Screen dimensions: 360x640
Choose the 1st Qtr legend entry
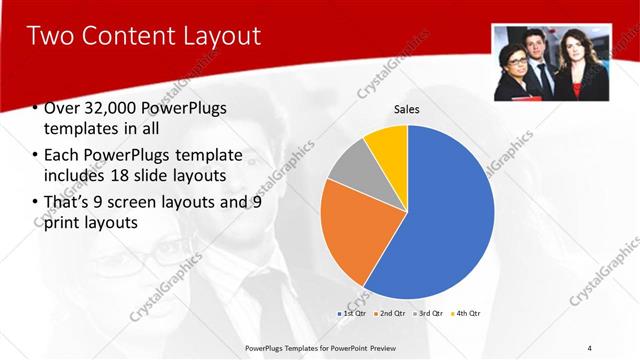tap(353, 314)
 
